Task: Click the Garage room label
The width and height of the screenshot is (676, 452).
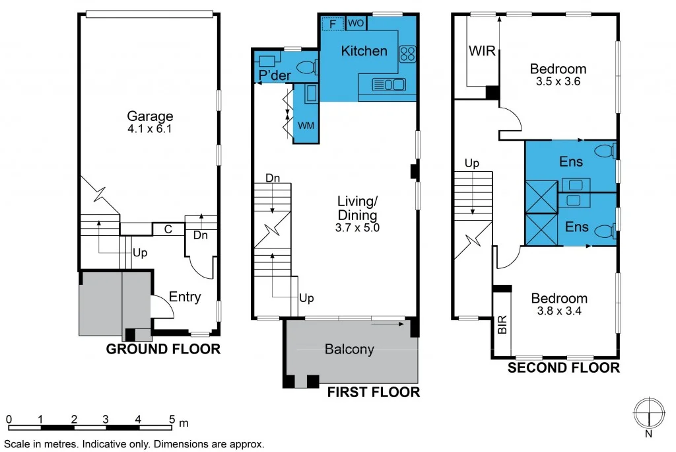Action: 151,116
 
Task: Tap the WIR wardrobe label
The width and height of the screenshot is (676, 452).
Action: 481,51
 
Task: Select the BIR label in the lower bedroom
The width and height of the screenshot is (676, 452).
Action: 502,324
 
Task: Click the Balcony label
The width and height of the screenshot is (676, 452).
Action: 349,350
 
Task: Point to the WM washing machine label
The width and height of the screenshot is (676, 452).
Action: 306,125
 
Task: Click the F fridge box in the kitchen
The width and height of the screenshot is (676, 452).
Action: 333,24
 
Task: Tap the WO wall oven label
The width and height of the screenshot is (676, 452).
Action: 355,24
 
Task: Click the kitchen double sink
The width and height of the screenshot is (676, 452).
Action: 389,84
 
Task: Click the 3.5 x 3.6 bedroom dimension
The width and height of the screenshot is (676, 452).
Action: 558,82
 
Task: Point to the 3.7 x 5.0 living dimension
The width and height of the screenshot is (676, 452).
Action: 357,227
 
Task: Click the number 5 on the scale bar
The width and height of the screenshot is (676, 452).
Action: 172,419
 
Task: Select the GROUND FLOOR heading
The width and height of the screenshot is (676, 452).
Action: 163,349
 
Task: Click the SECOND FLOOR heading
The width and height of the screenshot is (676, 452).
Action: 563,367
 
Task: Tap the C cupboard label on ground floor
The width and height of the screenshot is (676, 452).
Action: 168,229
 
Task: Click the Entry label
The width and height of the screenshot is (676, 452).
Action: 185,297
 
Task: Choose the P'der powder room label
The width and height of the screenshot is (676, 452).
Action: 275,76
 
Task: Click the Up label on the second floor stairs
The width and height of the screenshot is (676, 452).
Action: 471,163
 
